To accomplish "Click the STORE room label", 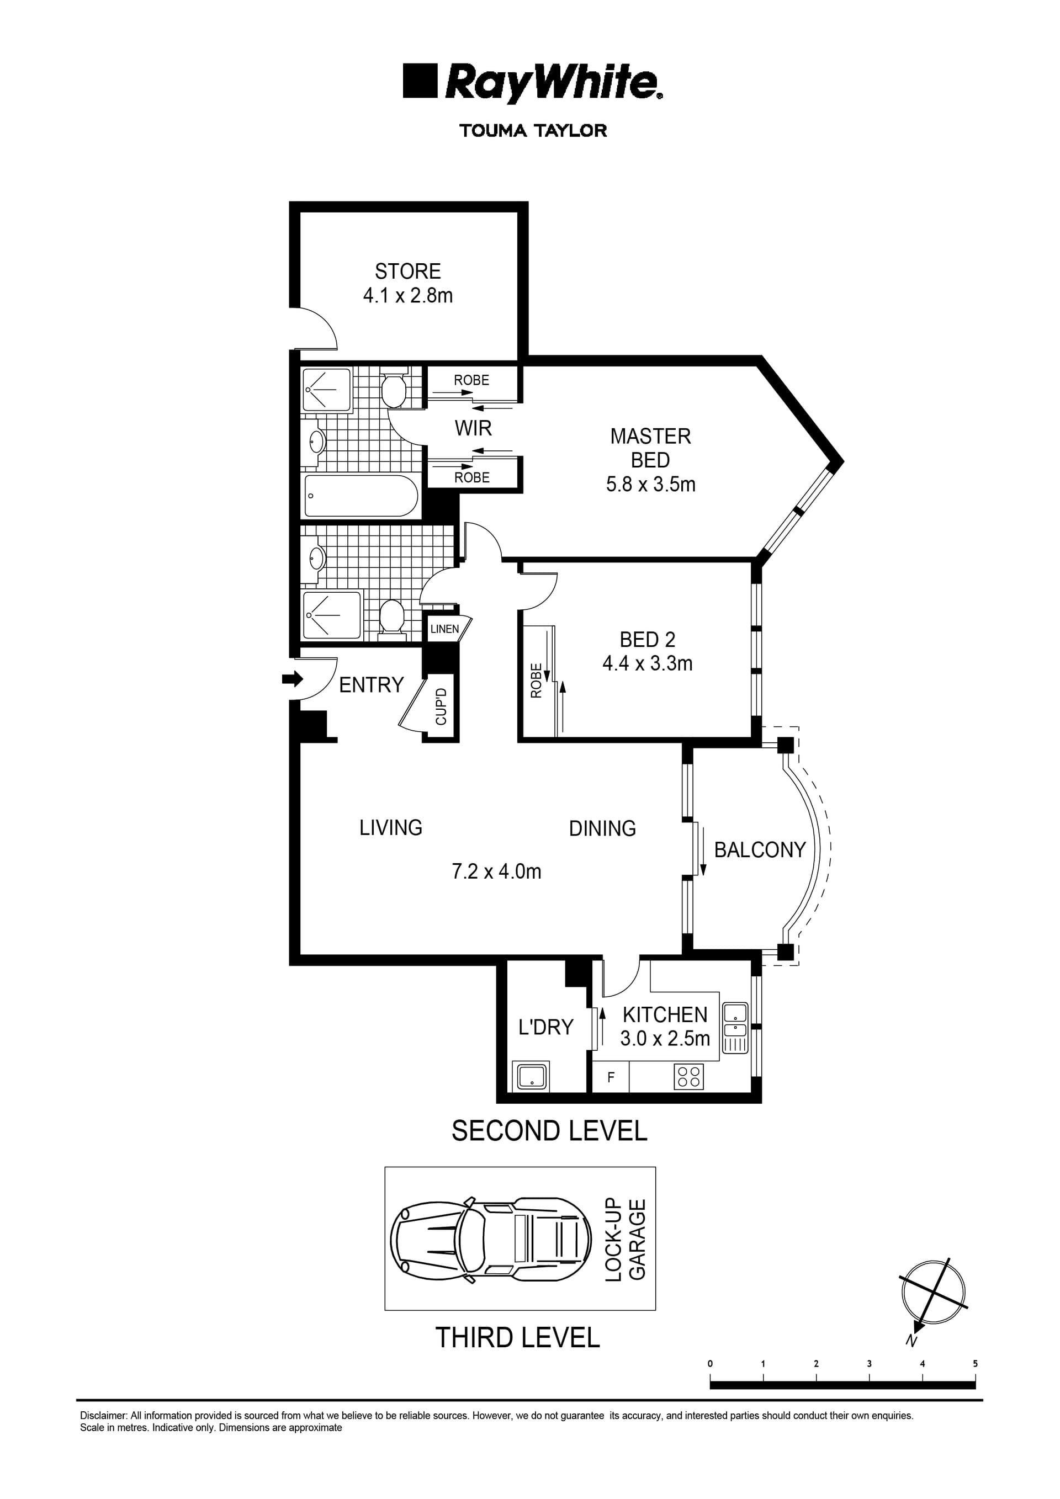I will [407, 271].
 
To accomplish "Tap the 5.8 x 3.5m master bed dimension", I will [650, 485].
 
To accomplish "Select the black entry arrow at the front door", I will [293, 679].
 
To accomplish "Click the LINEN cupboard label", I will [445, 629].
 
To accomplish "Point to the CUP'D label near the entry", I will [442, 707].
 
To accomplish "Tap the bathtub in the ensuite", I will [361, 496].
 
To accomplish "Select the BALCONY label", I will [760, 849].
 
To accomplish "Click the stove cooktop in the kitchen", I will [688, 1077].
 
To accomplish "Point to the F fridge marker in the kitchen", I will [611, 1077].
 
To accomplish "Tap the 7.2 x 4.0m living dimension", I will [496, 871].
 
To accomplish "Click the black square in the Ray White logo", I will [419, 81].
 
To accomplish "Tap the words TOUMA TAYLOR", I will [533, 131].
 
